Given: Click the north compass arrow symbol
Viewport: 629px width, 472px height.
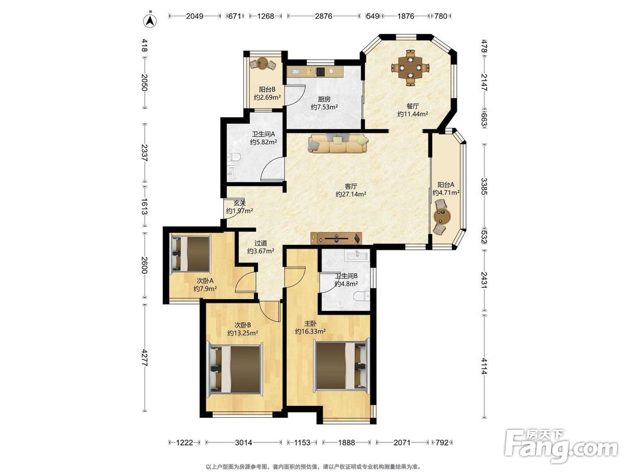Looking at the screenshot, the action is [x=150, y=20].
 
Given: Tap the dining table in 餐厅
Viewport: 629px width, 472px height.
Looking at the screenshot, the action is [x=410, y=67].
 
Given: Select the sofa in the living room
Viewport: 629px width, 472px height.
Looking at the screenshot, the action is [x=338, y=143].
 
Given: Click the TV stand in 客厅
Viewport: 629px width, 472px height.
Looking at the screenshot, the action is [x=336, y=238].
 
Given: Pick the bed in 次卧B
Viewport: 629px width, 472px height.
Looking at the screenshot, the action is [x=235, y=368].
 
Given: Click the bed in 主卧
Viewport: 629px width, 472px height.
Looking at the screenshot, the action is [x=342, y=366].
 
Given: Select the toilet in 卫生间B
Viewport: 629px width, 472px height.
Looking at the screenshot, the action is [x=362, y=296].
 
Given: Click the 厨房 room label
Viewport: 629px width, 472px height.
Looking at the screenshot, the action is [x=324, y=99].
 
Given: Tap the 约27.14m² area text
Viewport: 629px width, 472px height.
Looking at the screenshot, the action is [x=351, y=194].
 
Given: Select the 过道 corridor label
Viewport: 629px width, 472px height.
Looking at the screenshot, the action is [x=261, y=243].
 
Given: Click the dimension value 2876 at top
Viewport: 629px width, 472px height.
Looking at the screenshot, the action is [x=323, y=16].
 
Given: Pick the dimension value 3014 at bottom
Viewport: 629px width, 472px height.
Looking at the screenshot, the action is [x=243, y=442].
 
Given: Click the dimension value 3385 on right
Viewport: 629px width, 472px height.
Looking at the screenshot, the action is [x=484, y=186].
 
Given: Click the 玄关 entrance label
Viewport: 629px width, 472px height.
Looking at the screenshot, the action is [x=240, y=203].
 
